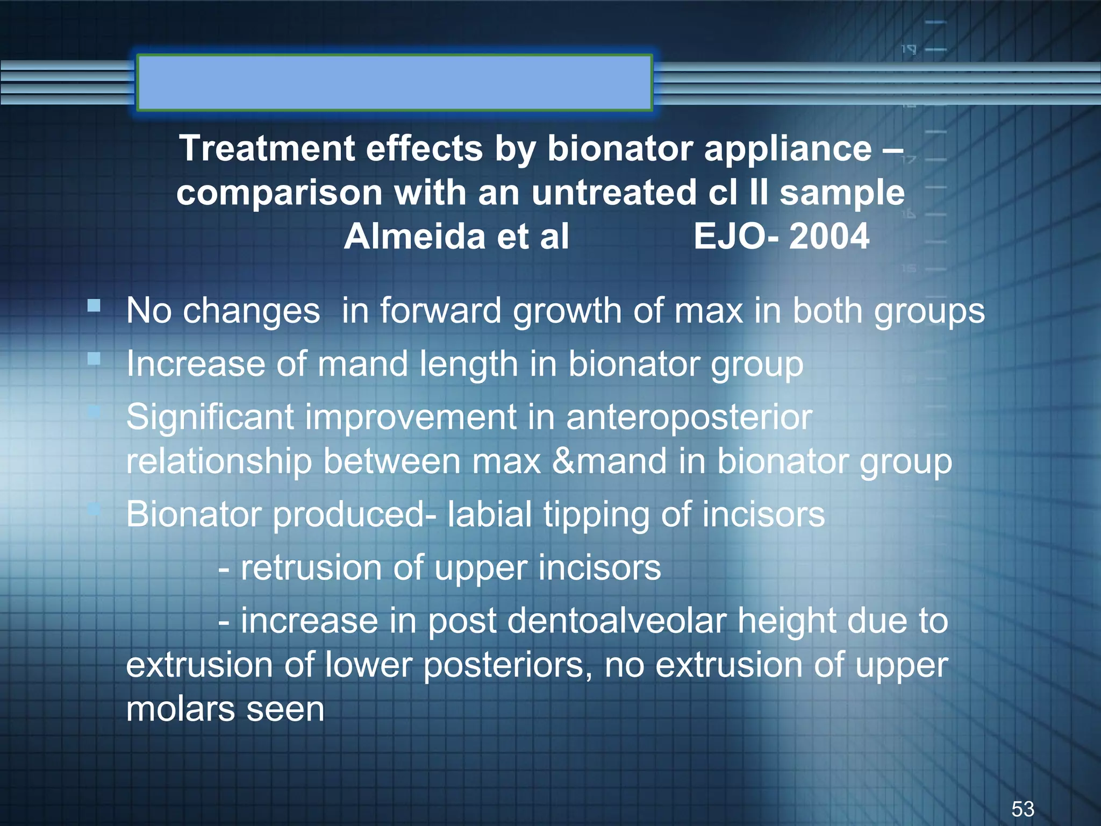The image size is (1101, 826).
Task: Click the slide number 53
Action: click(1023, 809)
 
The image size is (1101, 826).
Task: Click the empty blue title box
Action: click(395, 82)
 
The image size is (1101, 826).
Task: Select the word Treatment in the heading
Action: click(267, 148)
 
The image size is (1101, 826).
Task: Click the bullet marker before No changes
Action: click(94, 306)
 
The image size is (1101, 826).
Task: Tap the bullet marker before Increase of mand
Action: click(94, 359)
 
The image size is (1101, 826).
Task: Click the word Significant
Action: click(210, 417)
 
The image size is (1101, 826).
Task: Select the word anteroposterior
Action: click(689, 417)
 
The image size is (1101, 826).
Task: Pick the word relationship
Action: click(219, 462)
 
